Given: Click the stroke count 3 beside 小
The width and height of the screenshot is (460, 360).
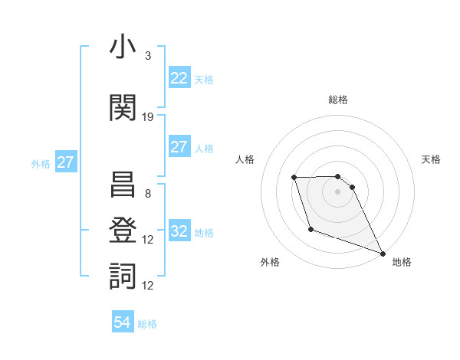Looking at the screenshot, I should tap(148, 56).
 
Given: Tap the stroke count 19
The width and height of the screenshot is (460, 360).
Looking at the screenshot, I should tap(148, 117).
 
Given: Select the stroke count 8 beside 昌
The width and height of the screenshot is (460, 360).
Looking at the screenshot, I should tap(148, 194).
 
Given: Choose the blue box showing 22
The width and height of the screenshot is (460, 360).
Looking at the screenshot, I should tap(179, 78).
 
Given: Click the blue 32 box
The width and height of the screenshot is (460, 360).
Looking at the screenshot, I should tap(179, 231).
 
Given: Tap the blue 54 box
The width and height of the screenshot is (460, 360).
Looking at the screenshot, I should tap(123, 322).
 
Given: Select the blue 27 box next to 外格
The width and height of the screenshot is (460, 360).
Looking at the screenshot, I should tap(65, 162).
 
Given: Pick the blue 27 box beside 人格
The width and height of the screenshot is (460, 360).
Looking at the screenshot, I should tap(179, 147).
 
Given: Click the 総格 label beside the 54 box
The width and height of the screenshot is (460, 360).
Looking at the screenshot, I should tap(147, 324).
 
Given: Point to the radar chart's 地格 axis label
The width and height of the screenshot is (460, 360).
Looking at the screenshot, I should tap(402, 262).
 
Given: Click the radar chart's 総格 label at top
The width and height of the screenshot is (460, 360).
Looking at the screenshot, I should tap(338, 100).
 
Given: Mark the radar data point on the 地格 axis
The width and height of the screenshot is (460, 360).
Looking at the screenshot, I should tap(383, 254).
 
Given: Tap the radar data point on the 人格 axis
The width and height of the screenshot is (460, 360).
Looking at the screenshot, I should tap(294, 178).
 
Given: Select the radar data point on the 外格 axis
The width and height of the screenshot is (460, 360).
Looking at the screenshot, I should tap(310, 229).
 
